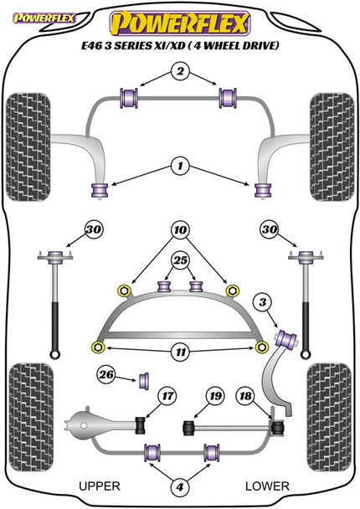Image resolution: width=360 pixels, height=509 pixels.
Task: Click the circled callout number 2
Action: (x=180, y=71)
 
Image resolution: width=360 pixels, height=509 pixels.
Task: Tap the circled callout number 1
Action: (x=180, y=167)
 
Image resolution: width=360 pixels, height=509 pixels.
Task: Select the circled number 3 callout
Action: (x=263, y=302)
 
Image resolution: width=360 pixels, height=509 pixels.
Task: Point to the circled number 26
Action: (x=106, y=375)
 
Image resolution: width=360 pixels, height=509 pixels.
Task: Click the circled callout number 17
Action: (x=167, y=396)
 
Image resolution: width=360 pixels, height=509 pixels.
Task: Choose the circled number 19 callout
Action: (x=215, y=396)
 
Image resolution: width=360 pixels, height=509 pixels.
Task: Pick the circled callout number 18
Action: (x=246, y=396)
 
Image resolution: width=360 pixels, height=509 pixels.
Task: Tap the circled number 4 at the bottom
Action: (x=180, y=486)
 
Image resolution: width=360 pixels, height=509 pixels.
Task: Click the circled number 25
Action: (x=181, y=260)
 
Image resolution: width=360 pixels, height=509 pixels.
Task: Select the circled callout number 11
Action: (x=181, y=352)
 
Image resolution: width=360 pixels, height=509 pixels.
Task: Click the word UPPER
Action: (x=100, y=486)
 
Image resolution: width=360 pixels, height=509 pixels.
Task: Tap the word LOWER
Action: (x=267, y=486)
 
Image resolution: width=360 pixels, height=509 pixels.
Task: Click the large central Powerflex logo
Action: (x=180, y=23)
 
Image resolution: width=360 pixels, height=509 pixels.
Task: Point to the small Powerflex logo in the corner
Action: (x=44, y=18)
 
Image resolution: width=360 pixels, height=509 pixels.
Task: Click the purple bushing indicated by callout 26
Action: (x=144, y=381)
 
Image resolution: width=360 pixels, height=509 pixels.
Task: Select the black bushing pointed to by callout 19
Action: (x=188, y=428)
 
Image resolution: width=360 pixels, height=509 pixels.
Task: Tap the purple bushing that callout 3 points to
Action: (x=286, y=338)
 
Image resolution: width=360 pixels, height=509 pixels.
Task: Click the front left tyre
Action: (x=28, y=147)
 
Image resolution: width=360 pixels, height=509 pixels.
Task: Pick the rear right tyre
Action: (x=329, y=417)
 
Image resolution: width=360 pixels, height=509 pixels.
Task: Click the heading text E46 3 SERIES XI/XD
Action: (x=133, y=45)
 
